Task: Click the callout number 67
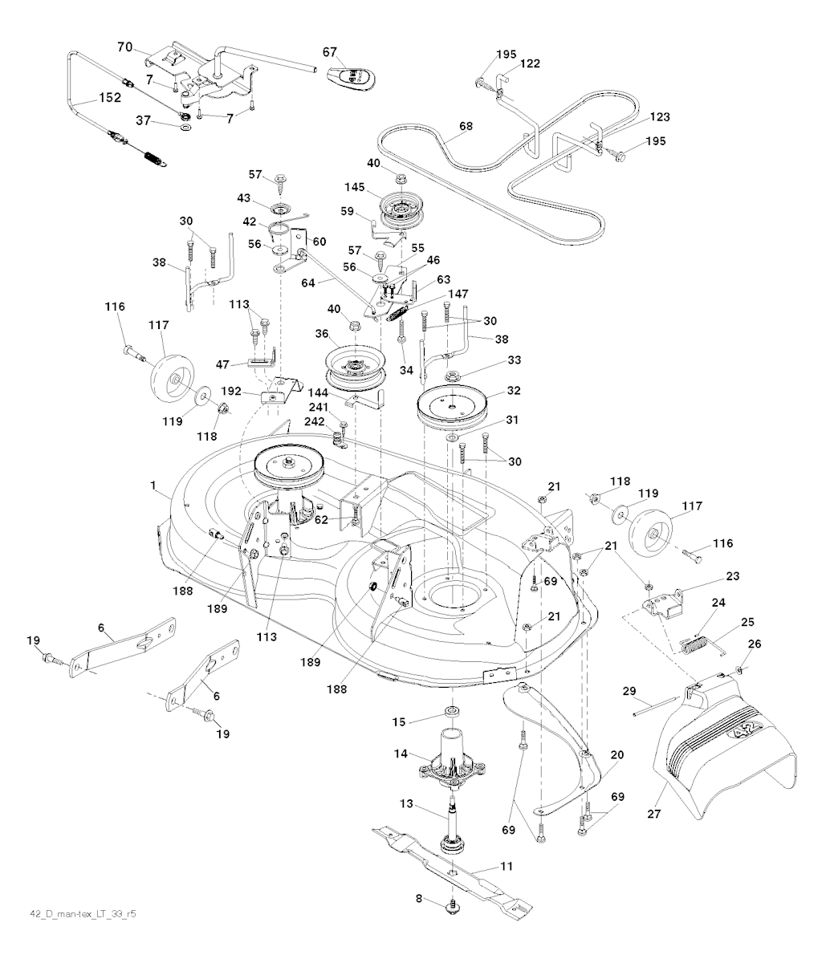tap(330, 52)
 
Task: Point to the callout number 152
tap(109, 98)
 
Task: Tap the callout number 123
tap(660, 117)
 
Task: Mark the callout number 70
tap(124, 47)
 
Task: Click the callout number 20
tap(617, 755)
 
